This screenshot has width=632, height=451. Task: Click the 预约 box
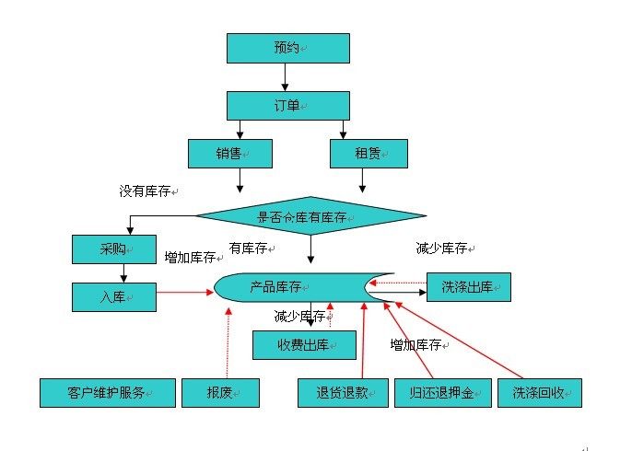pyautogui.click(x=288, y=48)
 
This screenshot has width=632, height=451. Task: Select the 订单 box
pyautogui.click(x=288, y=105)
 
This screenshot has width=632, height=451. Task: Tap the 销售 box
pyautogui.click(x=230, y=154)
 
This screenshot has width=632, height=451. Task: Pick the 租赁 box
pyautogui.click(x=369, y=154)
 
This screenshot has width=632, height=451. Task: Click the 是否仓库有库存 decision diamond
pyautogui.click(x=310, y=217)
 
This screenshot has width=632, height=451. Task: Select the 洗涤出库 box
pyautogui.click(x=468, y=287)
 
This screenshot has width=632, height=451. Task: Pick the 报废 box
pyautogui.click(x=220, y=393)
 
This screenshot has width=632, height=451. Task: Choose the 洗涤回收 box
pyautogui.click(x=540, y=393)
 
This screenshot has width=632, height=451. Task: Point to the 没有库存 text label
pyautogui.click(x=147, y=191)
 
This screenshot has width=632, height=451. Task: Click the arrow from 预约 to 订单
pyautogui.click(x=288, y=77)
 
